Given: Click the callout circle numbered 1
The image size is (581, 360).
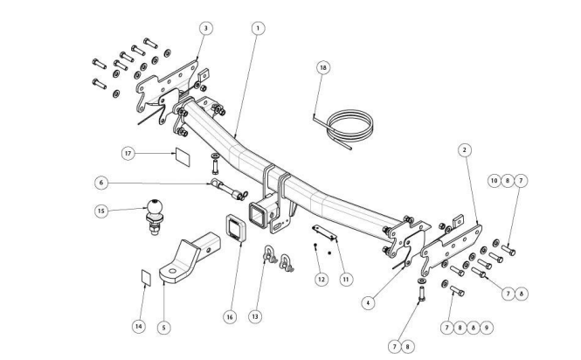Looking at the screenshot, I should click(259, 28).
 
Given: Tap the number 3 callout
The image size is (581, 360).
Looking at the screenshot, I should click(204, 28).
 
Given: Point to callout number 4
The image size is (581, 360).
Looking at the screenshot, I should click(370, 302).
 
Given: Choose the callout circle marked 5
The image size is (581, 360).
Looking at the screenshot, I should click(164, 327).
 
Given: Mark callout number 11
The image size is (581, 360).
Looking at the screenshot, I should click(346, 279).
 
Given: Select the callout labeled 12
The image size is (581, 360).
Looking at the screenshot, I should click(322, 279).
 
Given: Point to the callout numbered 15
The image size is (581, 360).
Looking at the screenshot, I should click(103, 210).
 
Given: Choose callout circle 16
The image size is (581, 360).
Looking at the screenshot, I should click(230, 316).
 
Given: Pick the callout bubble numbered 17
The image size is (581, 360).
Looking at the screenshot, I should click(128, 154).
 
